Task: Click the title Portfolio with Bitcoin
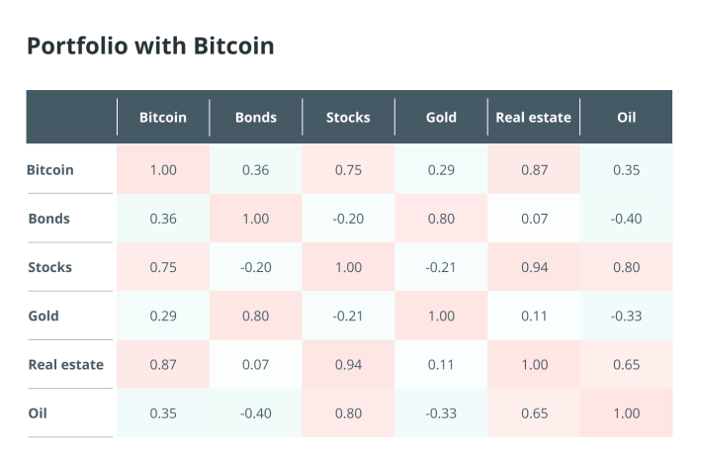[x=150, y=46]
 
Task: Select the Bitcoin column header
[x=163, y=118]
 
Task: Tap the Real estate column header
[x=533, y=118]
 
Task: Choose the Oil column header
[x=626, y=118]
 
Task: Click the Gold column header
[x=441, y=118]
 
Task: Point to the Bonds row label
[x=49, y=219]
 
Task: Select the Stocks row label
[x=50, y=267]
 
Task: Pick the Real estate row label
[x=66, y=365]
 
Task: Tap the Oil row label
[x=38, y=413]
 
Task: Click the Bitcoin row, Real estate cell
[x=534, y=170]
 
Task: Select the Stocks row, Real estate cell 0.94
[x=534, y=267]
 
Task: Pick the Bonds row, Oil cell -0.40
[x=626, y=219]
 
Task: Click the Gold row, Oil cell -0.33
[x=626, y=316]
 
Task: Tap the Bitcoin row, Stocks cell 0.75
[x=348, y=170]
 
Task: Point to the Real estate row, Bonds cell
[x=256, y=365]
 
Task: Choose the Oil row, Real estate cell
[x=534, y=413]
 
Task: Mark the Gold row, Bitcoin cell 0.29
[x=163, y=316]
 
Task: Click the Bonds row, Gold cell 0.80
[x=441, y=219]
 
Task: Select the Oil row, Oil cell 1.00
[x=626, y=413]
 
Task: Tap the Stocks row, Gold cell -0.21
[x=441, y=267]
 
